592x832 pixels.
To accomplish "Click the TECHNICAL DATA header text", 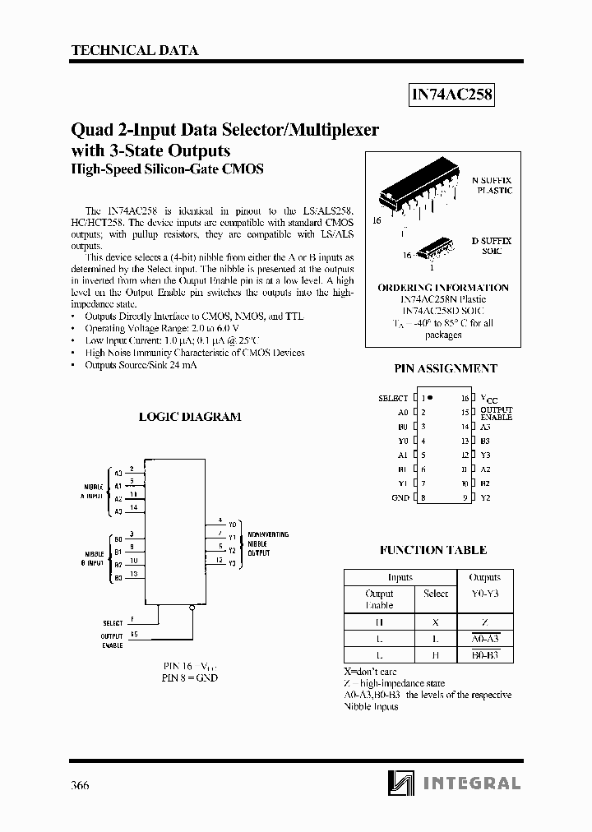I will (x=135, y=50).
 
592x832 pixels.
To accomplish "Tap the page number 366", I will (x=79, y=785).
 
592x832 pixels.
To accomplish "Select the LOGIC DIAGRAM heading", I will (x=190, y=417).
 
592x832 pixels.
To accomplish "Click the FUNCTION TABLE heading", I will (x=433, y=550).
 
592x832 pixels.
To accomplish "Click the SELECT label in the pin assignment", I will (x=393, y=398).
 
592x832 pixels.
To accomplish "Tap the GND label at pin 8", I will (x=400, y=497).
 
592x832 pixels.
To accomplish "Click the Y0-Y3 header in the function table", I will (x=484, y=593).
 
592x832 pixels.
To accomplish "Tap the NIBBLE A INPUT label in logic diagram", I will (x=92, y=492).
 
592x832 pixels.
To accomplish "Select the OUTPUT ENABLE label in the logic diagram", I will (x=112, y=640).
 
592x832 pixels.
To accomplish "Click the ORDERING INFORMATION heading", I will (x=443, y=288).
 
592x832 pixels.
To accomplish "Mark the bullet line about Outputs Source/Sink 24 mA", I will (x=141, y=365).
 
